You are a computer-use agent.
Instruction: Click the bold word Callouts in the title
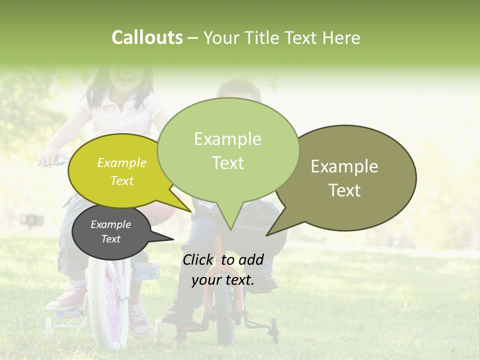tap(147, 37)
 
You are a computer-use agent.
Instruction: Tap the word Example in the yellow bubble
tap(121, 162)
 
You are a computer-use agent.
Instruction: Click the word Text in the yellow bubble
tap(121, 180)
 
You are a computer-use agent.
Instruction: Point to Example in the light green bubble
tap(227, 139)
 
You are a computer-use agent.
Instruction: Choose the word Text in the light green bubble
tap(227, 163)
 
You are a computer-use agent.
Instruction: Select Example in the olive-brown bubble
tap(344, 166)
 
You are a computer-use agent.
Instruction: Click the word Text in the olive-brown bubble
tap(344, 190)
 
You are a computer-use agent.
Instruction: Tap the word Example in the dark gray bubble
tap(110, 224)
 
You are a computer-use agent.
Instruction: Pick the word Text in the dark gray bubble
tap(110, 239)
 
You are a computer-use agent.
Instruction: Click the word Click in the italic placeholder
tap(197, 259)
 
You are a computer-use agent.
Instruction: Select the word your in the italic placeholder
tap(206, 280)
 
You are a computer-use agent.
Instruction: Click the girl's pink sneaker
tap(67, 297)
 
